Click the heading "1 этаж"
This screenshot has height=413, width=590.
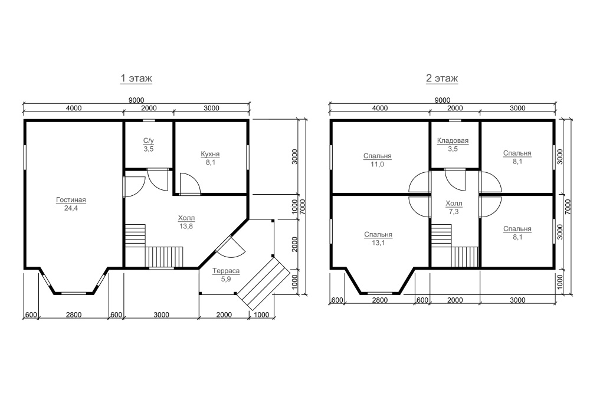(136, 78)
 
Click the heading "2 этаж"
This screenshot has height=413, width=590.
(442, 78)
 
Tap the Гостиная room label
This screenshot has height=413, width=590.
(71, 200)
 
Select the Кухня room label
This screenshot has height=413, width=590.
(211, 154)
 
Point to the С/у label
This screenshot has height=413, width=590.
(148, 141)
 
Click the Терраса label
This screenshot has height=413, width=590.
(226, 271)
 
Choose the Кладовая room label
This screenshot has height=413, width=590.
(453, 140)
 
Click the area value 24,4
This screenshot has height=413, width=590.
(71, 208)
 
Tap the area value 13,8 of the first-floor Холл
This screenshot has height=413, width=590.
(186, 226)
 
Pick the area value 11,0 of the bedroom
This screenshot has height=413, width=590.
(377, 164)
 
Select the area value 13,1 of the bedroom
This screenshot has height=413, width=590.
(378, 242)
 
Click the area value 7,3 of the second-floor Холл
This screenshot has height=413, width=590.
(454, 212)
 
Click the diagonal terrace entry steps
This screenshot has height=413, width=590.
(263, 282)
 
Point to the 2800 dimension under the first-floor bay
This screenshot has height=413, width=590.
(74, 314)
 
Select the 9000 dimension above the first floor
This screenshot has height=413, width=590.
(136, 100)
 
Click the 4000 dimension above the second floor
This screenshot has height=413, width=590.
(379, 108)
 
